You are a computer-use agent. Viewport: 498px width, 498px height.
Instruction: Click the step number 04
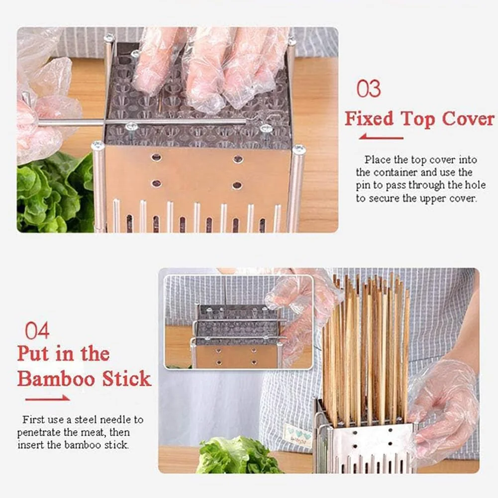click(x=37, y=331)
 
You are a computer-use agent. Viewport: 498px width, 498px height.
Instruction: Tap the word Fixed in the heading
click(x=369, y=118)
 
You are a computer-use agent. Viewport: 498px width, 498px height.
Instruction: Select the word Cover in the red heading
click(x=468, y=118)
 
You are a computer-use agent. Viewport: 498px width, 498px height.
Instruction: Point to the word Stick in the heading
click(x=127, y=379)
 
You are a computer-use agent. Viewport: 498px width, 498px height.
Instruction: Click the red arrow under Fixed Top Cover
click(x=381, y=137)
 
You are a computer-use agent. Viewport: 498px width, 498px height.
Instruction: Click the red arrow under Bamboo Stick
click(x=48, y=398)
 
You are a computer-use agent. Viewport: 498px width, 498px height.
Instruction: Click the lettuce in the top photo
click(x=55, y=194)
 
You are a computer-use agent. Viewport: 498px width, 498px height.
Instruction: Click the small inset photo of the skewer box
click(x=238, y=322)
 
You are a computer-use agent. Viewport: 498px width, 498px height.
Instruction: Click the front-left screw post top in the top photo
click(x=98, y=145)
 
